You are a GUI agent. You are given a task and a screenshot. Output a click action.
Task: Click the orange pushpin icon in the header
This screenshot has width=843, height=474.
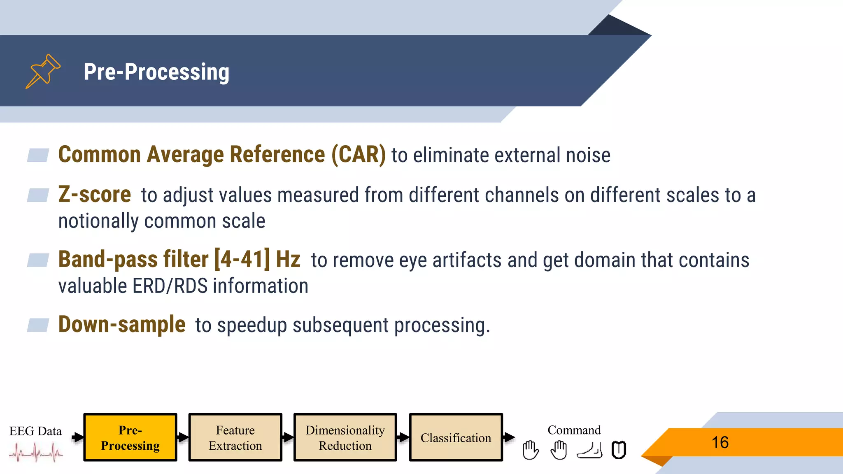pyautogui.click(x=43, y=71)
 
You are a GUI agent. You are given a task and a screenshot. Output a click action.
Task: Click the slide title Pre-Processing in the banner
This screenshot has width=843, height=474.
pyautogui.click(x=156, y=72)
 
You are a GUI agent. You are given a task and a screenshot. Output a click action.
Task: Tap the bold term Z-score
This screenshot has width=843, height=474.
pyautogui.click(x=95, y=194)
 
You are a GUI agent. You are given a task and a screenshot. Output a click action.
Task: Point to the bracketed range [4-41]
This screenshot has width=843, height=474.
pyautogui.click(x=242, y=259)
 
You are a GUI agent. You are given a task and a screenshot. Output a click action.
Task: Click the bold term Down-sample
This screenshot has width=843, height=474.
pyautogui.click(x=122, y=324)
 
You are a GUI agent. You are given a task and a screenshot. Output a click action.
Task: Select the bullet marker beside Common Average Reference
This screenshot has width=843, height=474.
pyautogui.click(x=38, y=155)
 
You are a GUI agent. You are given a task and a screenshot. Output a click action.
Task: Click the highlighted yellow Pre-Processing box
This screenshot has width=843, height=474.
pyautogui.click(x=130, y=437)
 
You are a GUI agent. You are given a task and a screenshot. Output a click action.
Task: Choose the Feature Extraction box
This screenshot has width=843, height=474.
pyautogui.click(x=235, y=437)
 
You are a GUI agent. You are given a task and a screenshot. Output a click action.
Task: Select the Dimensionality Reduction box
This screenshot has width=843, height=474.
pyautogui.click(x=345, y=437)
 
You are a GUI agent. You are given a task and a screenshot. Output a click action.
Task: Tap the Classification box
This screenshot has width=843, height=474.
pyautogui.click(x=456, y=437)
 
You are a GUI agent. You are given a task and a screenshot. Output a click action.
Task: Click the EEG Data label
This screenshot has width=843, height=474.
pyautogui.click(x=35, y=431)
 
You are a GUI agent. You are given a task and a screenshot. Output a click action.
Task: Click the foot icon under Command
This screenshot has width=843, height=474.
pyautogui.click(x=589, y=450)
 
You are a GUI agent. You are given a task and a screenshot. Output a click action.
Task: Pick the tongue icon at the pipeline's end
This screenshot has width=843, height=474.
pyautogui.click(x=619, y=450)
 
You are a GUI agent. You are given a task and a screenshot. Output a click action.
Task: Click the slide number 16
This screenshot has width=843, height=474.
pyautogui.click(x=720, y=442)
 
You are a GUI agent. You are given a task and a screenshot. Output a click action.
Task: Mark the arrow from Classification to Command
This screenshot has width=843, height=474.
pyautogui.click(x=509, y=437)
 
